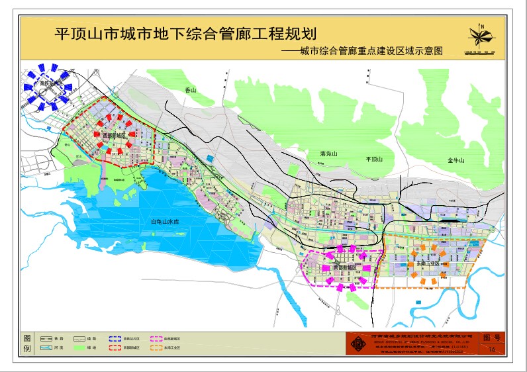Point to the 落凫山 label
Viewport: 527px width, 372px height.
(328, 154)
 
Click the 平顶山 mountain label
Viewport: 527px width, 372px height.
(374, 160)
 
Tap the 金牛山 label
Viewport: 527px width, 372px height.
(457, 160)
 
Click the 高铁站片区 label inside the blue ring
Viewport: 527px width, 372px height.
(50, 84)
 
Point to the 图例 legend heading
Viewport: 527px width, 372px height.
(27, 342)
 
